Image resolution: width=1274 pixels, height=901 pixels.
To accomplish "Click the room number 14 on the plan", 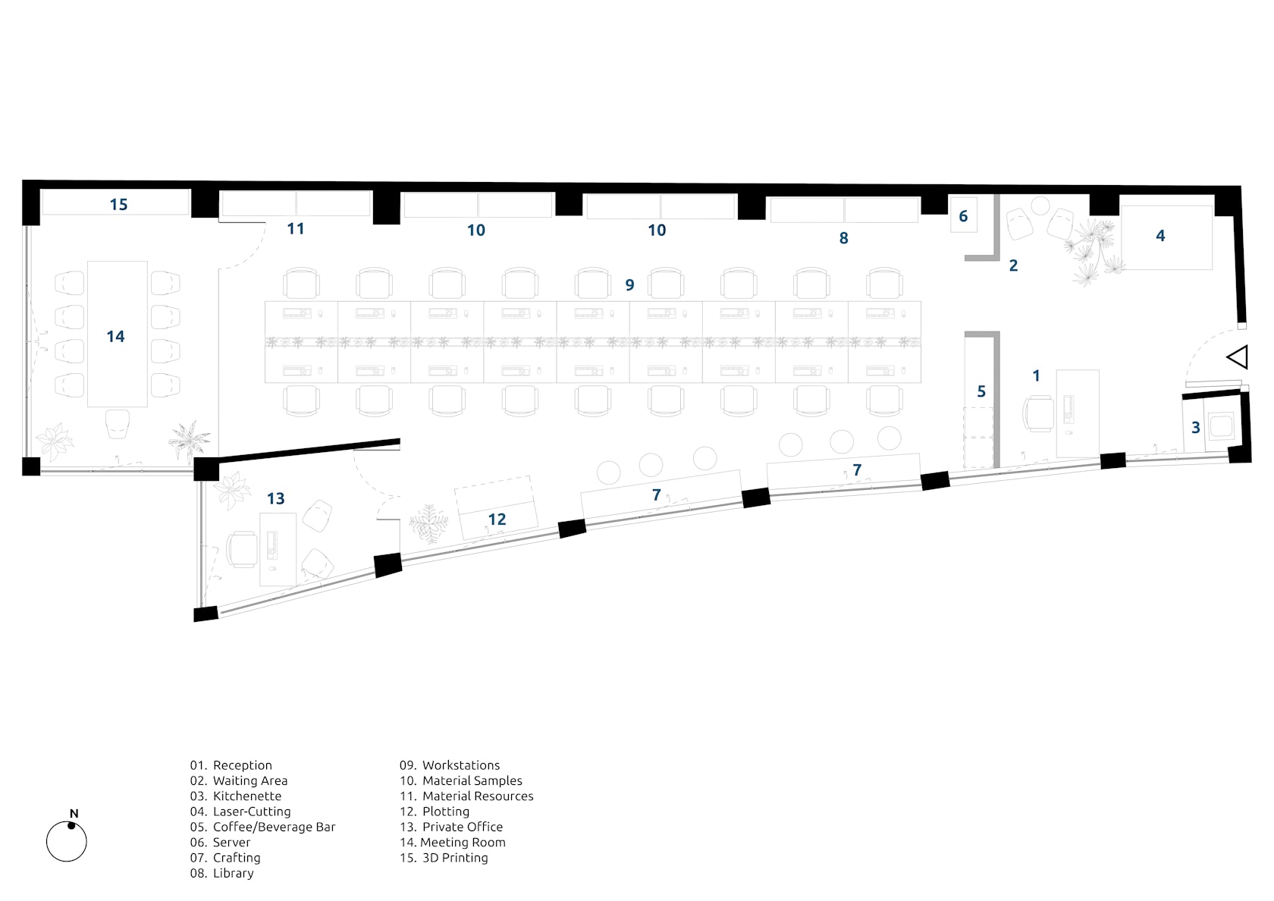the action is [115, 337].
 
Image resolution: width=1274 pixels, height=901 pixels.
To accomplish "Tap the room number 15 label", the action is [118, 205].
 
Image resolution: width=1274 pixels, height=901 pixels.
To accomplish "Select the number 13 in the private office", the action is [275, 499].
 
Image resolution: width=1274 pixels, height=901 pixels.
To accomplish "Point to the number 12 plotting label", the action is [497, 520].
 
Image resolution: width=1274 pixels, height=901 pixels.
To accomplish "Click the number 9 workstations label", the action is [629, 285].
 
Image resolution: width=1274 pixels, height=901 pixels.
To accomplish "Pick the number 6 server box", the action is [963, 216].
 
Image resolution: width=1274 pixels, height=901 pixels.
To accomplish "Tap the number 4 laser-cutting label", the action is [1160, 236].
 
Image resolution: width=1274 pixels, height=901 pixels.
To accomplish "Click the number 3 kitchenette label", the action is [1196, 428].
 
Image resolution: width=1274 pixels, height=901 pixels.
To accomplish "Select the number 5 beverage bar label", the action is [981, 391].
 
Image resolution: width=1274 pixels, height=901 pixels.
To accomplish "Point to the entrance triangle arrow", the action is [1238, 357].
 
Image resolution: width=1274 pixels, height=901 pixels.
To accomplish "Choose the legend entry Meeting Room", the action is [462, 843].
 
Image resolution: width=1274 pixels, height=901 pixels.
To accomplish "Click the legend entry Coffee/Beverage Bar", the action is [274, 827].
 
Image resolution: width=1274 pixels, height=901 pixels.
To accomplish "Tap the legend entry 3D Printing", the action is [454, 858].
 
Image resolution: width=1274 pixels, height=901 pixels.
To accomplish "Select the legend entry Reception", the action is [242, 766].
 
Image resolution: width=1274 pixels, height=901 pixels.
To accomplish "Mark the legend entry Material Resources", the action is [477, 796].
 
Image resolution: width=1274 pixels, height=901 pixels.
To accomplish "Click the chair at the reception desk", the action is [1037, 413].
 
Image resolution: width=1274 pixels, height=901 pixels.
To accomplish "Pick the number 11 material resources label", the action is [295, 229].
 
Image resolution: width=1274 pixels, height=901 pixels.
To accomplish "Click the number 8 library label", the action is [843, 238].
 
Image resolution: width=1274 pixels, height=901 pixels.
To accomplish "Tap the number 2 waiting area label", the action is [1013, 265].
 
